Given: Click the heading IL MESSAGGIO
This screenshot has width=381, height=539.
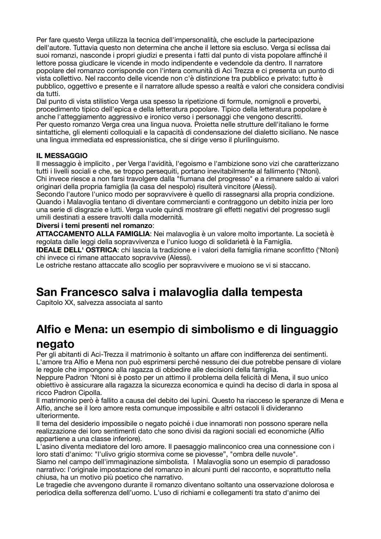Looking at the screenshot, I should (x=62, y=156).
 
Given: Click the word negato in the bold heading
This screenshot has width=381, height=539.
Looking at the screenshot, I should (x=55, y=344).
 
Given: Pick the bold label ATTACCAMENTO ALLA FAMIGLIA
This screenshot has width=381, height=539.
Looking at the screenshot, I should (x=93, y=234).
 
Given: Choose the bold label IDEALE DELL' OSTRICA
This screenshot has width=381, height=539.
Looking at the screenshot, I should (x=77, y=250).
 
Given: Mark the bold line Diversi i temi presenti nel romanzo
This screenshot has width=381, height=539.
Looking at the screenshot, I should (x=95, y=226).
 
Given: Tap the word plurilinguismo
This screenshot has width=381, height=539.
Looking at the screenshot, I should (x=256, y=140).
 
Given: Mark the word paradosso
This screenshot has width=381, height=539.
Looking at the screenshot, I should (x=311, y=462).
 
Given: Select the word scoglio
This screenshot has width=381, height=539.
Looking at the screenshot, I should (x=137, y=265).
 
